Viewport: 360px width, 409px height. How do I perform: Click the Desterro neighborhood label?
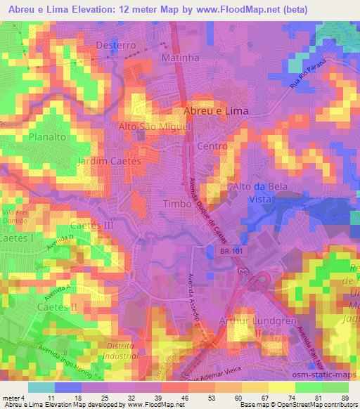115,44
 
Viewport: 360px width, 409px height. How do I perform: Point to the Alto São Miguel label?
155,126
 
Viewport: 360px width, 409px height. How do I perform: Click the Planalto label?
47,138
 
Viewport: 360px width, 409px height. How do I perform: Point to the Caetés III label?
92,226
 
